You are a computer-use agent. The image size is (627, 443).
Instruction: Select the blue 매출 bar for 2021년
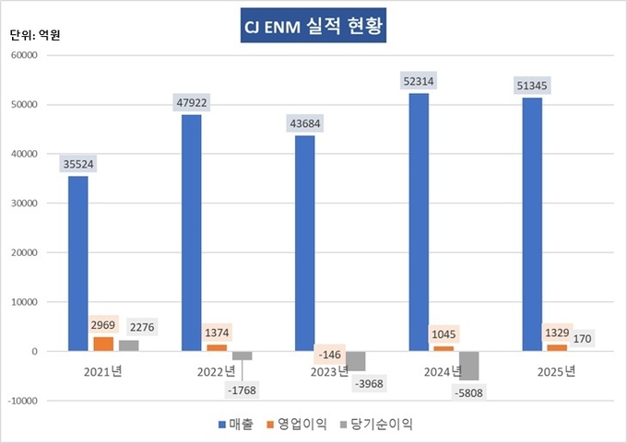tap(78, 262)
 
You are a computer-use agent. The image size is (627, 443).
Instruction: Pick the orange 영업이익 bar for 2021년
tap(102, 344)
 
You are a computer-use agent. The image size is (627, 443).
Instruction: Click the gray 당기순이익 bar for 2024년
tap(470, 366)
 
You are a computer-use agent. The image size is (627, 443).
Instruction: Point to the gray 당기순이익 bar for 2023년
tap(357, 361)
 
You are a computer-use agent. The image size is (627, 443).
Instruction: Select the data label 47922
tap(192, 102)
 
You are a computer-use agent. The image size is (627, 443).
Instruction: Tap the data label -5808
tap(470, 393)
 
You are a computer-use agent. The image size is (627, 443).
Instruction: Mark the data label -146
tap(331, 354)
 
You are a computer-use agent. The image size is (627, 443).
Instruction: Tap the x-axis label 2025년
tap(556, 372)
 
